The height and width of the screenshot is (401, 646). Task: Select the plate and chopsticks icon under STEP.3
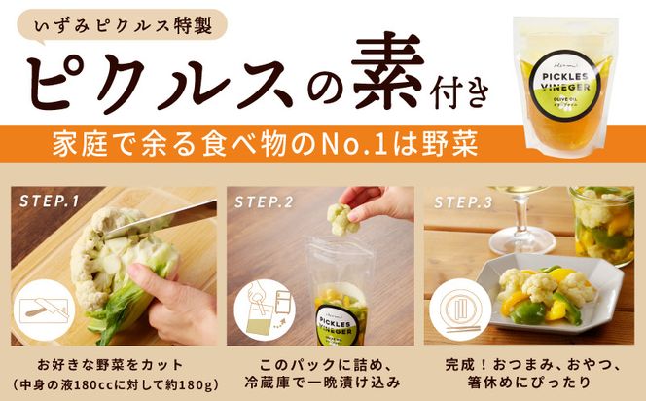coord(462,309)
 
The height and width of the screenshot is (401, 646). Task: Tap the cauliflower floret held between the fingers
coord(342,218)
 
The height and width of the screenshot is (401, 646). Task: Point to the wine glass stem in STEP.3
coord(525,219)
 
